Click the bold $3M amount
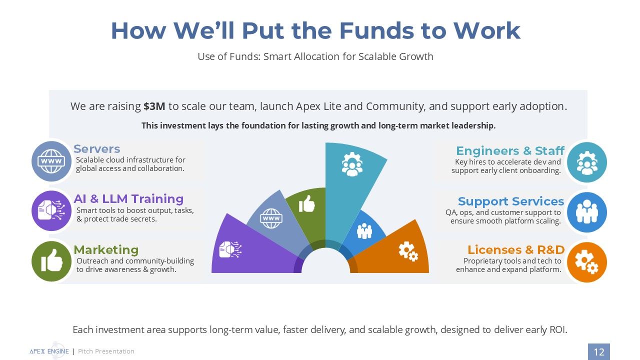click(x=154, y=106)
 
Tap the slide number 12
click(x=599, y=351)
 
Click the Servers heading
click(x=97, y=149)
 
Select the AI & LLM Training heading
click(x=128, y=198)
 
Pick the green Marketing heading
click(x=106, y=249)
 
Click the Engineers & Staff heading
click(x=510, y=150)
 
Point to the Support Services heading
click(x=511, y=201)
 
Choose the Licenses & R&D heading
click(x=516, y=249)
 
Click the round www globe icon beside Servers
click(x=51, y=161)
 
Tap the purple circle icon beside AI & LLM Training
click(x=51, y=211)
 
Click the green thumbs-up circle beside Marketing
click(x=51, y=261)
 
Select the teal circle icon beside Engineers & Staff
click(x=587, y=162)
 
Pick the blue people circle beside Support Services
click(x=587, y=212)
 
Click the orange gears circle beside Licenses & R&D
click(x=587, y=262)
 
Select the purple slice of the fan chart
click(x=251, y=251)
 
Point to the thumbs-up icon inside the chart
click(x=306, y=203)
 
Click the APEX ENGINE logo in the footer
click(x=49, y=351)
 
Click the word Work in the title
click(x=487, y=30)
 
